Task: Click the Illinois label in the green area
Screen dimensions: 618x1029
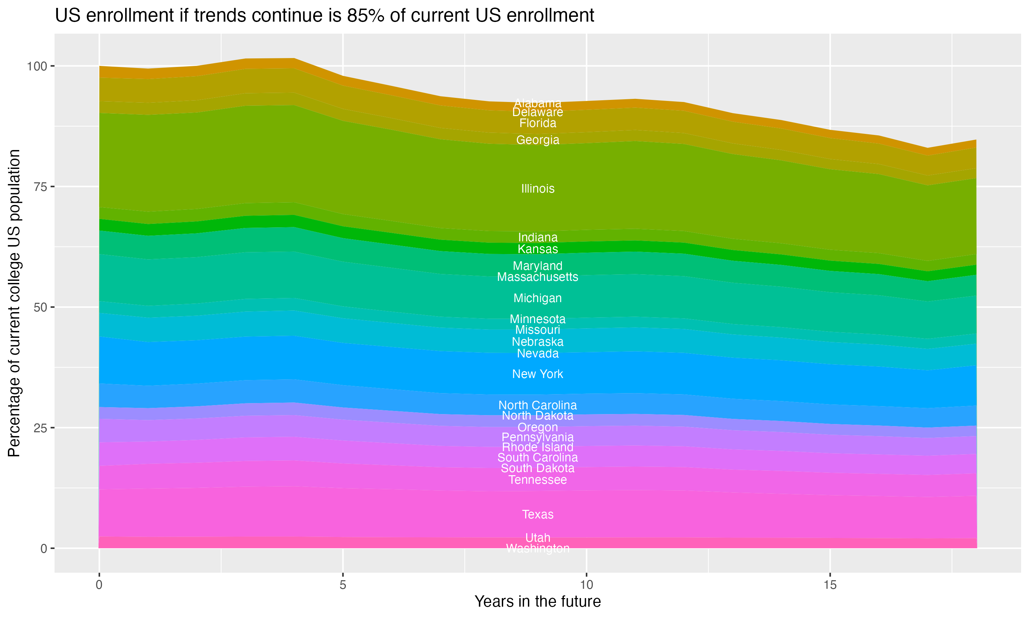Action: [x=537, y=188]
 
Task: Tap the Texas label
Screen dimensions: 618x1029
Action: [x=537, y=514]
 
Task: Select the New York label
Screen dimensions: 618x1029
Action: [x=537, y=374]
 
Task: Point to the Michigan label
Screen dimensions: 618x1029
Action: [x=537, y=298]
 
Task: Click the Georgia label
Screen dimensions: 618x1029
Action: [x=537, y=140]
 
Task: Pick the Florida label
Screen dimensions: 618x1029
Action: [x=537, y=123]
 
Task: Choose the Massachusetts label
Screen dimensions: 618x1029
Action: [x=537, y=277]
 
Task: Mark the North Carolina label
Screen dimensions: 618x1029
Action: [x=537, y=405]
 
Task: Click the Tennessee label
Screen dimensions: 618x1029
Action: [x=537, y=480]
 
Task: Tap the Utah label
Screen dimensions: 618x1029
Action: [x=537, y=538]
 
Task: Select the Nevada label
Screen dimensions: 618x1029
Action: [x=537, y=354]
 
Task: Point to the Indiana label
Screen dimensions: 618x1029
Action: [x=537, y=237]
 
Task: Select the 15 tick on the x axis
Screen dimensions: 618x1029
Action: [x=830, y=585]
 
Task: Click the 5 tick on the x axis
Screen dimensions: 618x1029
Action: [x=343, y=585]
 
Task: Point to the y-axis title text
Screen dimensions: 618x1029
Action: [x=14, y=303]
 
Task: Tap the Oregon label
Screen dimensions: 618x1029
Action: [x=537, y=427]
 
